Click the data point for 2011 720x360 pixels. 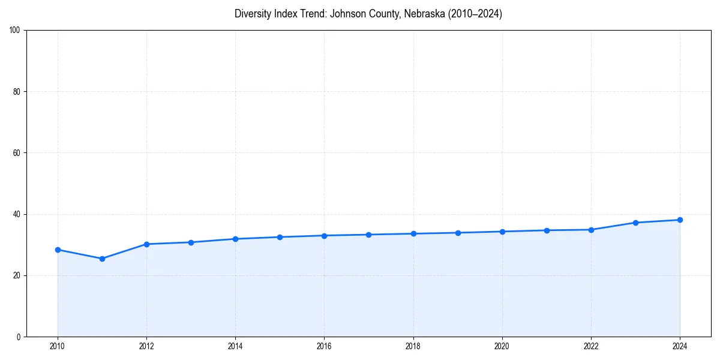(x=102, y=259)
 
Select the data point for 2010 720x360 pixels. (x=58, y=250)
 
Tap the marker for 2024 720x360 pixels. (x=680, y=220)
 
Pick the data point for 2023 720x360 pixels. (x=635, y=223)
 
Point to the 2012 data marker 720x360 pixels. (x=146, y=244)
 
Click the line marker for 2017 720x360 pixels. (x=368, y=235)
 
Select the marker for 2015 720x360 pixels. (x=280, y=237)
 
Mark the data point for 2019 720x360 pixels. (x=458, y=233)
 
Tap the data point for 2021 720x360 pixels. (x=547, y=230)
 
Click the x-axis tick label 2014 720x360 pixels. (x=235, y=346)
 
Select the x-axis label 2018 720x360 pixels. (x=413, y=346)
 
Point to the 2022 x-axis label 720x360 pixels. (x=591, y=346)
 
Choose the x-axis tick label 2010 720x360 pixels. (x=58, y=346)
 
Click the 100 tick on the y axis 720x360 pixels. (x=15, y=31)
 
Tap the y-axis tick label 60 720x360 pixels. (x=17, y=153)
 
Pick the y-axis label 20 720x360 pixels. (x=17, y=275)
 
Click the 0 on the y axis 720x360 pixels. (x=19, y=337)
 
